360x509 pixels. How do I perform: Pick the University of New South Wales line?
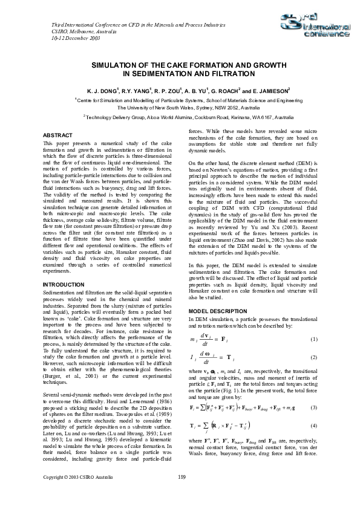(180, 106)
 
